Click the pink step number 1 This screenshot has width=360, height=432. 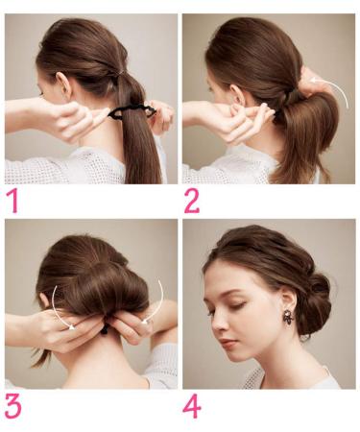click(13, 201)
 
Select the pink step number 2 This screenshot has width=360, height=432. click(192, 201)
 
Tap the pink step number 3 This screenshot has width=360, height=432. click(12, 406)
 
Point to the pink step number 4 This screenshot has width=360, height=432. click(192, 406)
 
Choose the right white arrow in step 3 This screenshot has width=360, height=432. click(159, 304)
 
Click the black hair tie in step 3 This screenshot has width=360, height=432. click(105, 329)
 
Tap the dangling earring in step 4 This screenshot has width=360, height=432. click(289, 316)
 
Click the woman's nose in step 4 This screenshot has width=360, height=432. click(219, 324)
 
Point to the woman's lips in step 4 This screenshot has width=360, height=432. click(227, 343)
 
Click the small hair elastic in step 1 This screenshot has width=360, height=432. click(119, 74)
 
